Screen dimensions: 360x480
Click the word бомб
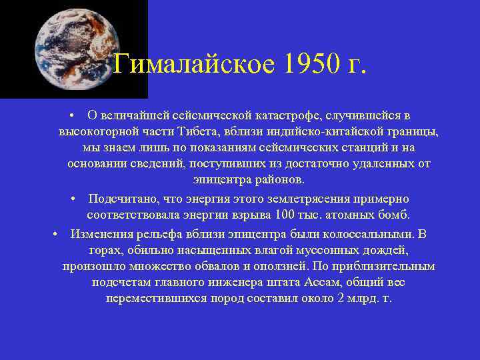[x=398, y=215]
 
